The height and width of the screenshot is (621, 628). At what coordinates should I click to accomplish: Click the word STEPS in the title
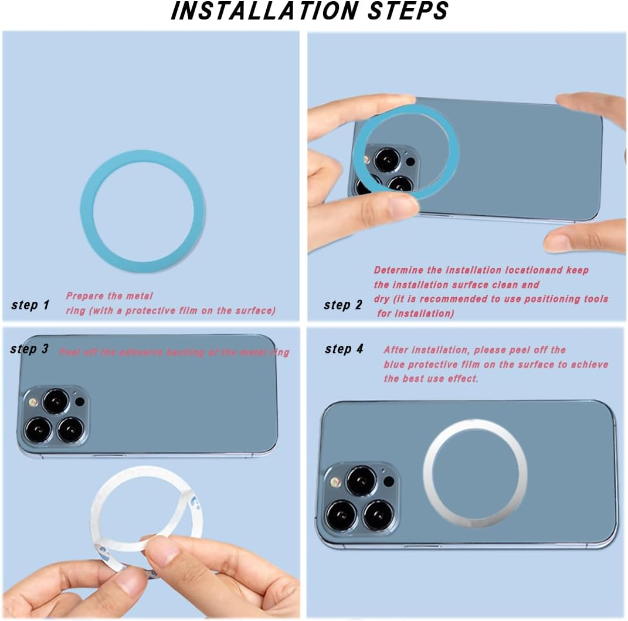[409, 11]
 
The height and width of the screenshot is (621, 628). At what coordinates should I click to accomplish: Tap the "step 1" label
[30, 305]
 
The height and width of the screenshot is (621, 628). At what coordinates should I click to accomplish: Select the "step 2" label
[343, 305]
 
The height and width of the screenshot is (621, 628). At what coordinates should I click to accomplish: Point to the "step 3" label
[29, 349]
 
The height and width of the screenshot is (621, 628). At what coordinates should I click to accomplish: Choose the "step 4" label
[344, 349]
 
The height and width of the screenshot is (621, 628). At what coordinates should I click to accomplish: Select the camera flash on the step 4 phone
[336, 481]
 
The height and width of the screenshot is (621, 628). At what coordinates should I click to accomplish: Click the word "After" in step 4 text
[397, 350]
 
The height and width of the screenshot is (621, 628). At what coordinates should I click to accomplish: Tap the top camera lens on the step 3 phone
[56, 401]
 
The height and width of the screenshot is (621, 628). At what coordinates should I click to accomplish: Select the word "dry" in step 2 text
[382, 299]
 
